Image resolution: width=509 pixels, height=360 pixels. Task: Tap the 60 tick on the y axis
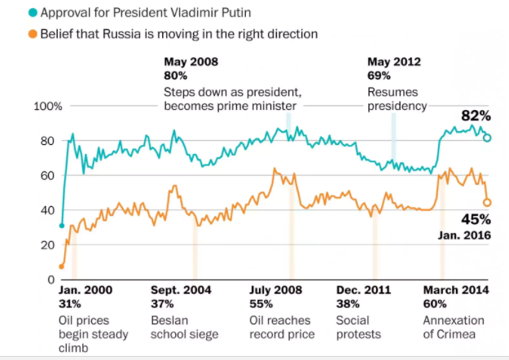pyautogui.click(x=47, y=175)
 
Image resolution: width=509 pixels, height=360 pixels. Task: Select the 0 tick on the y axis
pyautogui.click(x=50, y=279)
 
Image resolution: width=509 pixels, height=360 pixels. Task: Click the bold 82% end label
pyautogui.click(x=476, y=116)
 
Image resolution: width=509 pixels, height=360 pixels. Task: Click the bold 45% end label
pyautogui.click(x=476, y=219)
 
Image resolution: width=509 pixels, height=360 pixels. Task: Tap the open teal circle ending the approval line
pyautogui.click(x=487, y=138)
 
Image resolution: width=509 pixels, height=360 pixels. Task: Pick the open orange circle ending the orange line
pyautogui.click(x=487, y=202)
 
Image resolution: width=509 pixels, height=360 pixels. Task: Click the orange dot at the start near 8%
pyautogui.click(x=62, y=266)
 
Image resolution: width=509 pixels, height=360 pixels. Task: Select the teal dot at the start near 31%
pyautogui.click(x=62, y=226)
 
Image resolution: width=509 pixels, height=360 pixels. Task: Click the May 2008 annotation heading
pyautogui.click(x=191, y=62)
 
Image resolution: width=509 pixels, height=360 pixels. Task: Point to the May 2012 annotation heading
pyautogui.click(x=395, y=62)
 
